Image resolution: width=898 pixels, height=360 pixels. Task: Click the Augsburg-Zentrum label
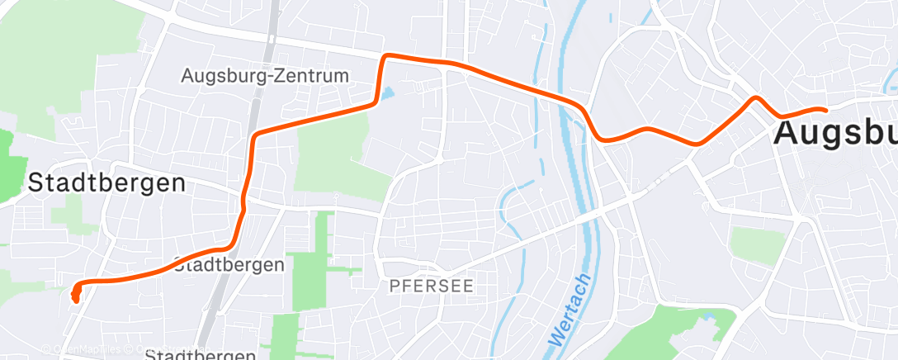(265, 76)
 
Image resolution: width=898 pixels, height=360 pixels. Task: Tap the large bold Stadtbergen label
(106, 182)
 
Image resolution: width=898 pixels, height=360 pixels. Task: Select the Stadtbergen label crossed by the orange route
(229, 265)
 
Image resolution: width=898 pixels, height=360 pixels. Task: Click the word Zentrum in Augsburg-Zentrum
(310, 76)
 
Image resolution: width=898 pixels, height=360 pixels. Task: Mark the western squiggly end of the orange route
(75, 293)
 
